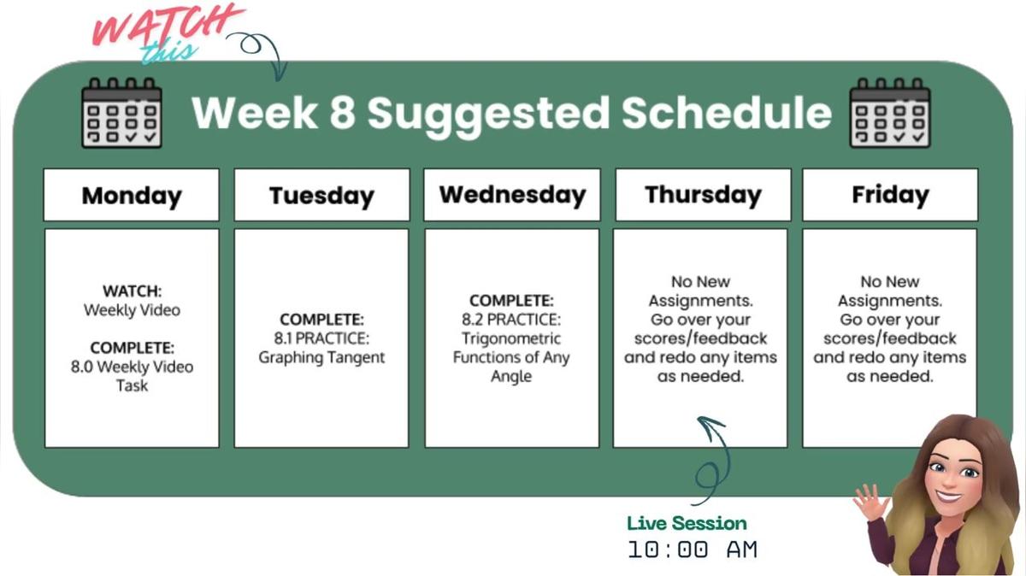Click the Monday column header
pyautogui.click(x=132, y=195)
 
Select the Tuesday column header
pyautogui.click(x=321, y=195)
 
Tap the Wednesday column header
pyautogui.click(x=512, y=195)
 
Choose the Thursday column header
pyautogui.click(x=703, y=195)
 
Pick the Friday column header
pyautogui.click(x=889, y=195)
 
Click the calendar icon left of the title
pyautogui.click(x=121, y=113)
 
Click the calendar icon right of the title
pyautogui.click(x=890, y=113)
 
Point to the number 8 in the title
pyautogui.click(x=342, y=113)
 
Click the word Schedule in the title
pyautogui.click(x=726, y=113)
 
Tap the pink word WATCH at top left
pyautogui.click(x=167, y=26)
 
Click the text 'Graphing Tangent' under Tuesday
pyautogui.click(x=321, y=357)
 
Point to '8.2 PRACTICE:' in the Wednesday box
pyautogui.click(x=511, y=320)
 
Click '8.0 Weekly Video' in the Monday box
pyautogui.click(x=132, y=367)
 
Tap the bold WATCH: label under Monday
pyautogui.click(x=132, y=291)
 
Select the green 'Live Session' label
pyautogui.click(x=687, y=523)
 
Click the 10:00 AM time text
pyautogui.click(x=693, y=550)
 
